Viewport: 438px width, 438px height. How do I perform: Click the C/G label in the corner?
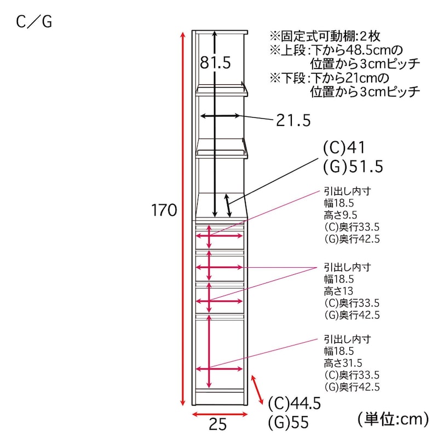pos(34,22)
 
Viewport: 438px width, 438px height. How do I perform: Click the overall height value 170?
pos(164,210)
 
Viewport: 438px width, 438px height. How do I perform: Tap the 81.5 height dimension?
pos(215,62)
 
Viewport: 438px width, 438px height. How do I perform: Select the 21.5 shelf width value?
pos(293,120)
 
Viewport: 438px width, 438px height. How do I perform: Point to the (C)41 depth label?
pos(344,147)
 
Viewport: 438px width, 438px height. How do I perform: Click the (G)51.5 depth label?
pos(353,166)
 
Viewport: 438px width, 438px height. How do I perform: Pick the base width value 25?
pos(217,425)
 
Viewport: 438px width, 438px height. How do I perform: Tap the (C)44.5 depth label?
pos(295,404)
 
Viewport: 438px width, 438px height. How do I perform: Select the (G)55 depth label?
pos(289,422)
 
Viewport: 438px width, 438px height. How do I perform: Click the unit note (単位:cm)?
pos(393,419)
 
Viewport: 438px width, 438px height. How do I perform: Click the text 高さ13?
pos(338,291)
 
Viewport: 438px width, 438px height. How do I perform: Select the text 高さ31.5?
pos(343,363)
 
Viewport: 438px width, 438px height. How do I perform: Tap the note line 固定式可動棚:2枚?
pos(325,36)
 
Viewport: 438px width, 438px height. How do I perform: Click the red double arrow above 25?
pos(220,414)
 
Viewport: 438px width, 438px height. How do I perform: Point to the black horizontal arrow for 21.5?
pos(220,116)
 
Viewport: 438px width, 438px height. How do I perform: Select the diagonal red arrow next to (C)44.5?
pos(257,390)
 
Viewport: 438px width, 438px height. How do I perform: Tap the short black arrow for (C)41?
pos(228,205)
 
